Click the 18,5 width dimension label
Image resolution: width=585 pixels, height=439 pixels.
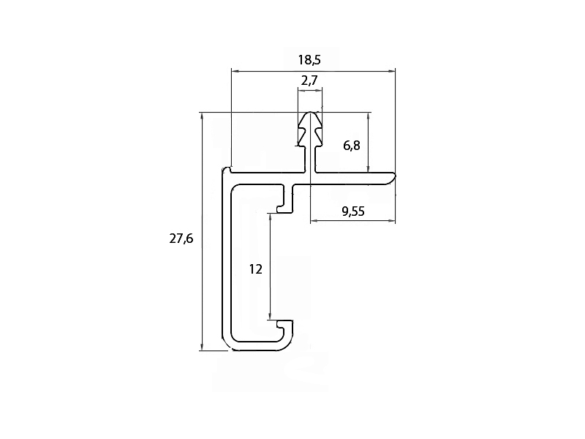click(x=309, y=60)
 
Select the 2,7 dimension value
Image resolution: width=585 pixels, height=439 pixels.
click(x=309, y=80)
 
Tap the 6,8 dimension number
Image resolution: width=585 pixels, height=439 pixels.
click(x=352, y=145)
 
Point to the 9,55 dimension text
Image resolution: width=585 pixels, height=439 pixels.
click(x=353, y=211)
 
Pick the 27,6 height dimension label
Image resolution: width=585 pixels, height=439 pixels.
click(x=181, y=239)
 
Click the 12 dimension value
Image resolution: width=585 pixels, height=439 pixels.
click(x=255, y=269)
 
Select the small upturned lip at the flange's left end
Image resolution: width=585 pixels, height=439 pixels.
click(x=227, y=170)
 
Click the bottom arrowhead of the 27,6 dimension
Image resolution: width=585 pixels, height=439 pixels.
click(x=202, y=347)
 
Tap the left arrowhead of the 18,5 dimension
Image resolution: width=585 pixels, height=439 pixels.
click(x=235, y=70)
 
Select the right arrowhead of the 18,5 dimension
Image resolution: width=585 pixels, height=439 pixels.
click(x=391, y=70)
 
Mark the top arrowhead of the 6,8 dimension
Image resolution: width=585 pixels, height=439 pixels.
click(x=369, y=116)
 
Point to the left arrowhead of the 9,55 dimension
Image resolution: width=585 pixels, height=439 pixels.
click(x=314, y=222)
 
